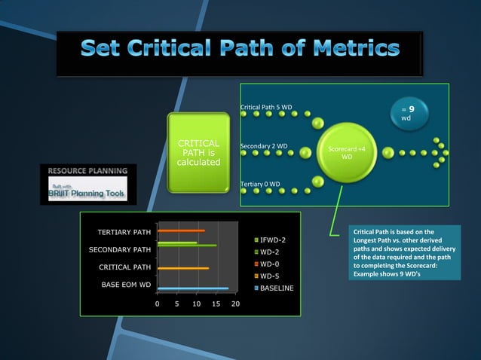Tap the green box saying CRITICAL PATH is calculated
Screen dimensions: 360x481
[x=198, y=153]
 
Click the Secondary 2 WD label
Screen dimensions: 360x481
[x=263, y=145]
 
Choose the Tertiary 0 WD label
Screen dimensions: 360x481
[x=260, y=184]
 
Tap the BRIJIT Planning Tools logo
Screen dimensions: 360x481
[x=84, y=190]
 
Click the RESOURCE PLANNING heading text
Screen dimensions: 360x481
[x=88, y=171]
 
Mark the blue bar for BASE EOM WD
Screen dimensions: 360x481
[x=192, y=288]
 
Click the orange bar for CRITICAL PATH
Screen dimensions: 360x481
[x=182, y=268]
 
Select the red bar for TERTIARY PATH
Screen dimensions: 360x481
[x=180, y=230]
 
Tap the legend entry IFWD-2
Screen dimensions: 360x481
[x=271, y=240]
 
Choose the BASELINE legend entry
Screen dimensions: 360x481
[x=277, y=288]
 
